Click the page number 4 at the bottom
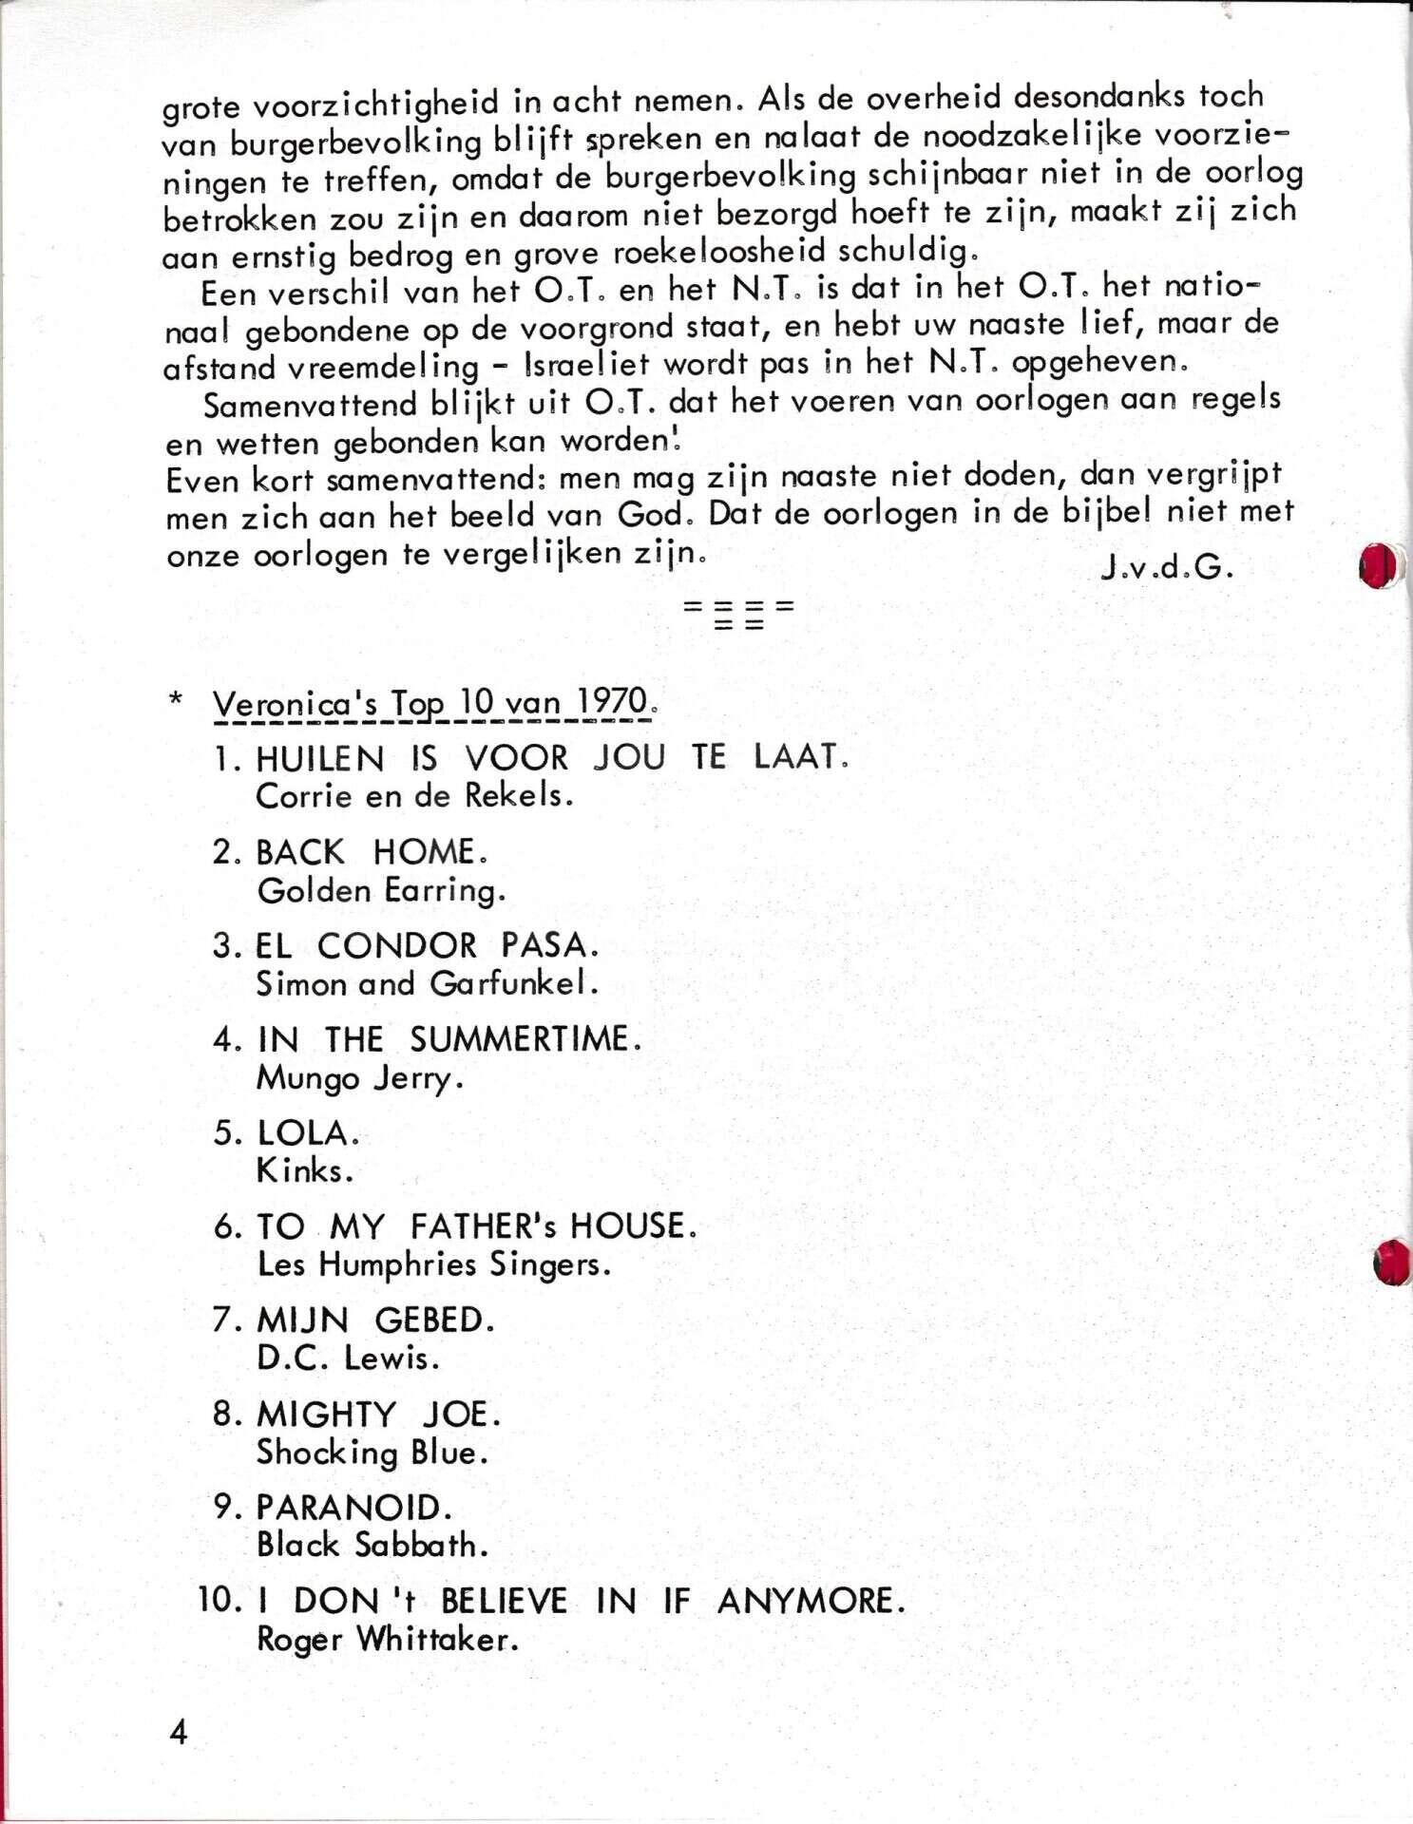179,1732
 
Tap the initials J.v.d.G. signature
1167,567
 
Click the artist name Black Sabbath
372,1546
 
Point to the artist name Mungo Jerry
359,1078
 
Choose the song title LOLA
307,1132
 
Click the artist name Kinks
304,1170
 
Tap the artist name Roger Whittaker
388,1640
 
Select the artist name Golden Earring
381,891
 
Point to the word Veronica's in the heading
296,705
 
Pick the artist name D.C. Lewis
348,1358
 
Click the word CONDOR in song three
397,945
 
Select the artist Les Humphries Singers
433,1265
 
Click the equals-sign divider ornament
738,613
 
